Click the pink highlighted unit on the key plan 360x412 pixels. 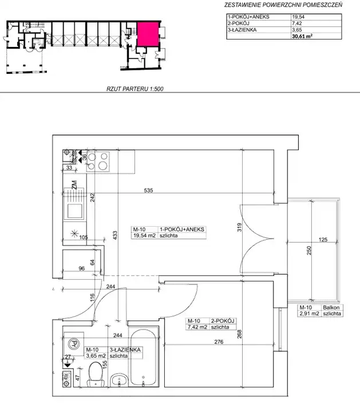(148, 34)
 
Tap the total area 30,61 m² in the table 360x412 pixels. (302, 36)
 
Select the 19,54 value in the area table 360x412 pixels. (298, 17)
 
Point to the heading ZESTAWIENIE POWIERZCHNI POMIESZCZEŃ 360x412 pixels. (283, 5)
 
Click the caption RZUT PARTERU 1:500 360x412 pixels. (135, 89)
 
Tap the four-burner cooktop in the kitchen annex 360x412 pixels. (98, 161)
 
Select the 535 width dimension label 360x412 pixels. (148, 190)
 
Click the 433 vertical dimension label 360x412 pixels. (115, 235)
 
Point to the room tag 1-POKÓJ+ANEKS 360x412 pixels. (182, 229)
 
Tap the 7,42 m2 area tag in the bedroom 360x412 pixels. (197, 327)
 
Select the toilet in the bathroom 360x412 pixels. (96, 374)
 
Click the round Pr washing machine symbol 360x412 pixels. (74, 343)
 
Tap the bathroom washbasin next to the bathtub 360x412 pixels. (119, 380)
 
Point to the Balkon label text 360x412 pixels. (331, 307)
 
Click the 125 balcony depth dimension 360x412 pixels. (323, 240)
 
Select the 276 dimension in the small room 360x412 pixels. (219, 342)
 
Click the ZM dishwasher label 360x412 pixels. (74, 185)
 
